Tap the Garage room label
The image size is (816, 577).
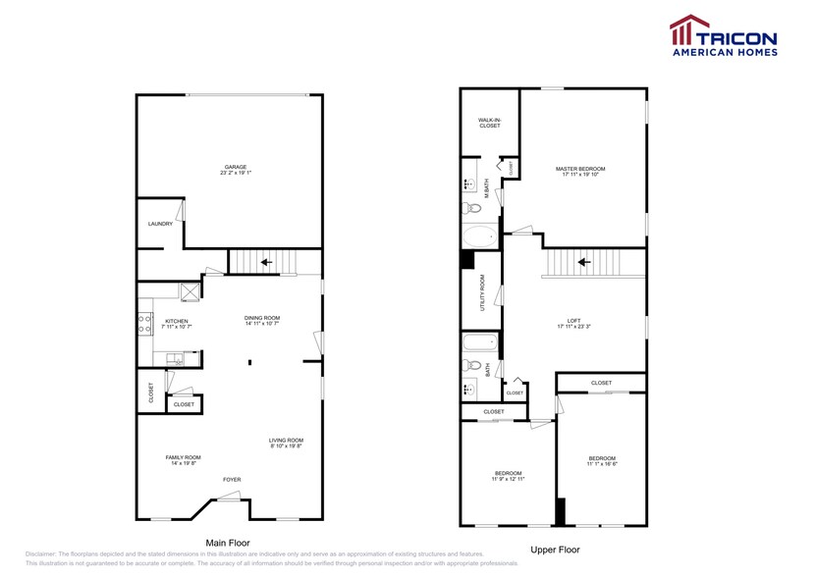[x=235, y=168]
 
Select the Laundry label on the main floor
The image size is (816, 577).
[x=160, y=224]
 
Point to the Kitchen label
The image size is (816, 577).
[x=177, y=321]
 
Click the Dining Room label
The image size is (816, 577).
[x=262, y=318]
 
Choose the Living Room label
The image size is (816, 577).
[x=287, y=441]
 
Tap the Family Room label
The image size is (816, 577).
[x=183, y=458]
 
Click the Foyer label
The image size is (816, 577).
[x=231, y=479]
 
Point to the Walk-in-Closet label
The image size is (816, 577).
[x=489, y=123]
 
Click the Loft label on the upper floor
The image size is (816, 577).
[x=573, y=321]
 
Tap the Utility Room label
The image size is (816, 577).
[x=482, y=291]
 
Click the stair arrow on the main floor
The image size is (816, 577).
[x=264, y=262]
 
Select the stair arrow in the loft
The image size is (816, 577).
[x=583, y=262]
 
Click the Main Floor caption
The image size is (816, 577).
[x=227, y=543]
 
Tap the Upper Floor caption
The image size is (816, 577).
[x=555, y=550]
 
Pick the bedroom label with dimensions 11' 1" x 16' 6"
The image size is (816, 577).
[x=602, y=459]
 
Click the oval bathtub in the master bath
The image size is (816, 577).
[x=480, y=236]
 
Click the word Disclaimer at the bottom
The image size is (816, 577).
[x=41, y=554]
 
